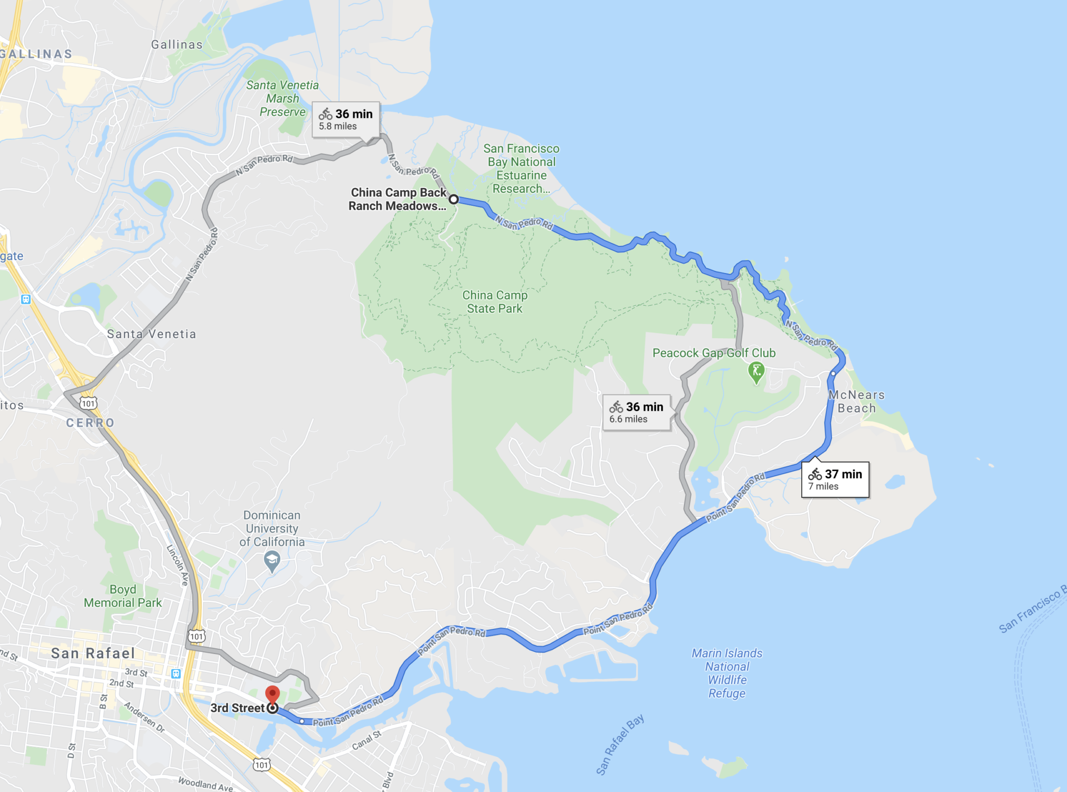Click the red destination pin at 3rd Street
point(272,695)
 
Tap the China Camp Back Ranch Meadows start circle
point(454,199)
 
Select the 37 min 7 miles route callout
point(835,479)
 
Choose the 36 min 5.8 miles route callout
point(345,119)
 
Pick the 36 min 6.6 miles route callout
point(636,412)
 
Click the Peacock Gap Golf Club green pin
point(756,372)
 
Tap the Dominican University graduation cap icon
point(272,561)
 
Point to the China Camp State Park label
point(494,302)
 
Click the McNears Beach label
point(857,402)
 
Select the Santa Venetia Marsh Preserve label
point(282,98)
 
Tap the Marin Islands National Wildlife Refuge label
point(727,673)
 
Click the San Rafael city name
point(93,653)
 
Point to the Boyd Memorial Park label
point(123,596)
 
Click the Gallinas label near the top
point(177,45)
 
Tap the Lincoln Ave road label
point(177,565)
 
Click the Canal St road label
point(367,740)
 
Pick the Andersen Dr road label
point(144,717)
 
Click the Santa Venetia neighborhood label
point(151,334)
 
